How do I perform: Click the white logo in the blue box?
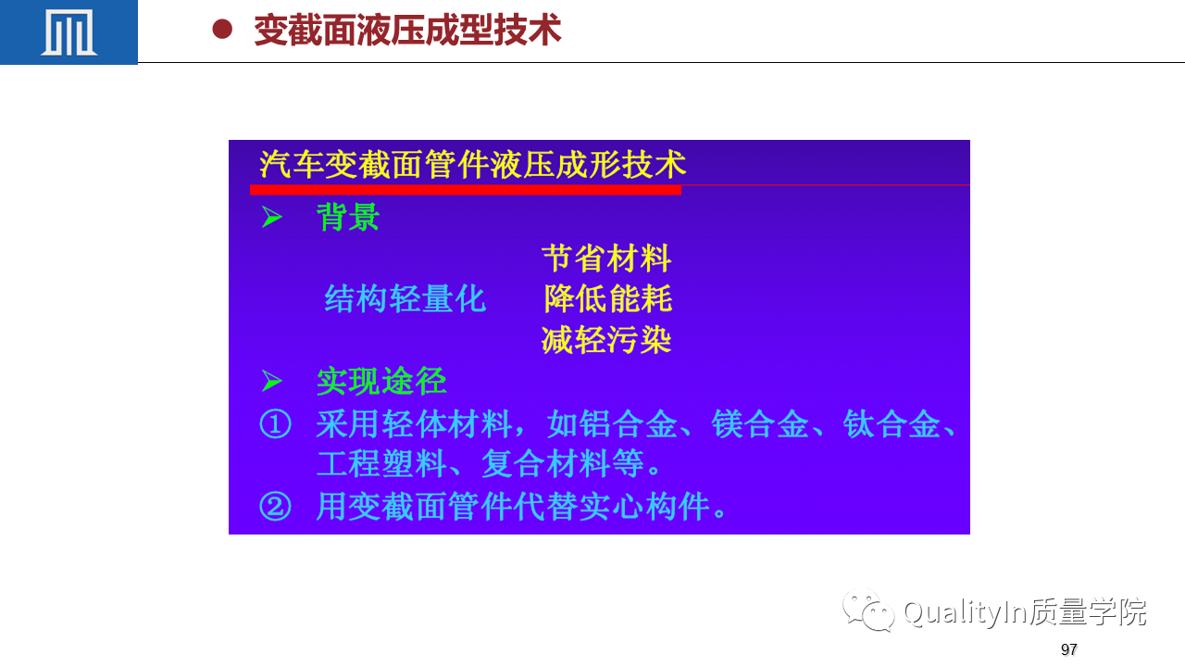pyautogui.click(x=69, y=32)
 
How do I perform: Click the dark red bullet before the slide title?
pyautogui.click(x=222, y=29)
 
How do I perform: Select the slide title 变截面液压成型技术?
pyautogui.click(x=407, y=30)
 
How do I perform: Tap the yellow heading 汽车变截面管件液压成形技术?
pyautogui.click(x=472, y=165)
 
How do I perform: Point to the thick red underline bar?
pyautogui.click(x=466, y=190)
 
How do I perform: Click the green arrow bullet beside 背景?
pyautogui.click(x=272, y=217)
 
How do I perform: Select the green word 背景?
pyautogui.click(x=347, y=217)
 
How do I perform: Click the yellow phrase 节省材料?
pyautogui.click(x=606, y=258)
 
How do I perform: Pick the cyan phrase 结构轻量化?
pyautogui.click(x=405, y=298)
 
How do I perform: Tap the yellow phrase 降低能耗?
pyautogui.click(x=608, y=298)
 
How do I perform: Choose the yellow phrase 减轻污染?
pyautogui.click(x=606, y=339)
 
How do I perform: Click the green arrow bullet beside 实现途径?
pyautogui.click(x=272, y=381)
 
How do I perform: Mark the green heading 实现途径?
pyautogui.click(x=381, y=381)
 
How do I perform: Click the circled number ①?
pyautogui.click(x=275, y=424)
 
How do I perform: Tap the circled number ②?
pyautogui.click(x=275, y=506)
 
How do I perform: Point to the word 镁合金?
pyautogui.click(x=760, y=424)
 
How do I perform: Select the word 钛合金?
pyautogui.click(x=892, y=424)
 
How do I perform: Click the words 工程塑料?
pyautogui.click(x=381, y=464)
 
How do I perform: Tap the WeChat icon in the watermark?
pyautogui.click(x=868, y=610)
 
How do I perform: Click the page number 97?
pyautogui.click(x=1068, y=649)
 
